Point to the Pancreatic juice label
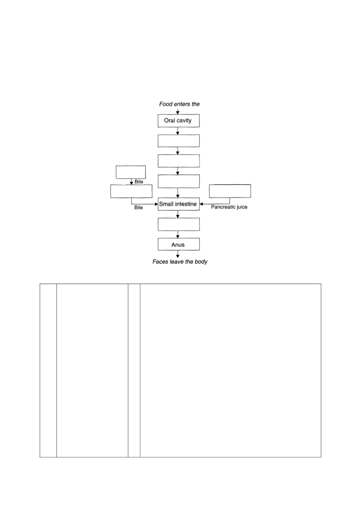coord(229,207)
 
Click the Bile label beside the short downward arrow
coord(139,182)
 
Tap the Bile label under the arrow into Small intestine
coord(138,207)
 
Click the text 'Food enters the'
coord(179,104)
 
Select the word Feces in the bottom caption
coord(159,262)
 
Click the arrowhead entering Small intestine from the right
coord(201,204)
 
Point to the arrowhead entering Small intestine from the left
coord(156,204)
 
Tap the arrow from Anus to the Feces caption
coord(178,254)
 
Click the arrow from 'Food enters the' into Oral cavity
coord(178,111)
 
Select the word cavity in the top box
coord(184,121)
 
